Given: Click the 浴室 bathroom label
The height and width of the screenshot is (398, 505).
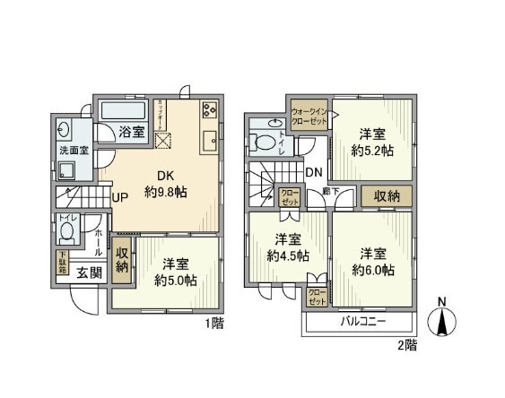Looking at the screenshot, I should tap(133, 132).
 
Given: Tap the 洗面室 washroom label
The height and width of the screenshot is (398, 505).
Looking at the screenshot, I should tap(74, 151).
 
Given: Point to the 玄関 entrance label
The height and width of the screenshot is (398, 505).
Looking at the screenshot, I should tap(87, 273).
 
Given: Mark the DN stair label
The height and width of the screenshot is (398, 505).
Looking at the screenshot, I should tap(313, 172).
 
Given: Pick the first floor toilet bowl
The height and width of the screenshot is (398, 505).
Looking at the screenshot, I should tap(67, 234).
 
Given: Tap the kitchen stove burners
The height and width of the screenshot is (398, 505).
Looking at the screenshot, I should tap(209, 111).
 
